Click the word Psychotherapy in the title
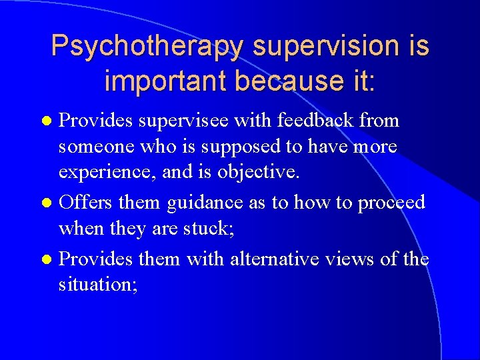[x=149, y=47]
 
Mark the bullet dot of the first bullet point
[x=45, y=121]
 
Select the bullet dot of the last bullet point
[x=45, y=259]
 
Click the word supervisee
[x=193, y=121]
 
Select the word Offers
[x=86, y=202]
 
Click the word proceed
[x=392, y=202]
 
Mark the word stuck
[x=202, y=229]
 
